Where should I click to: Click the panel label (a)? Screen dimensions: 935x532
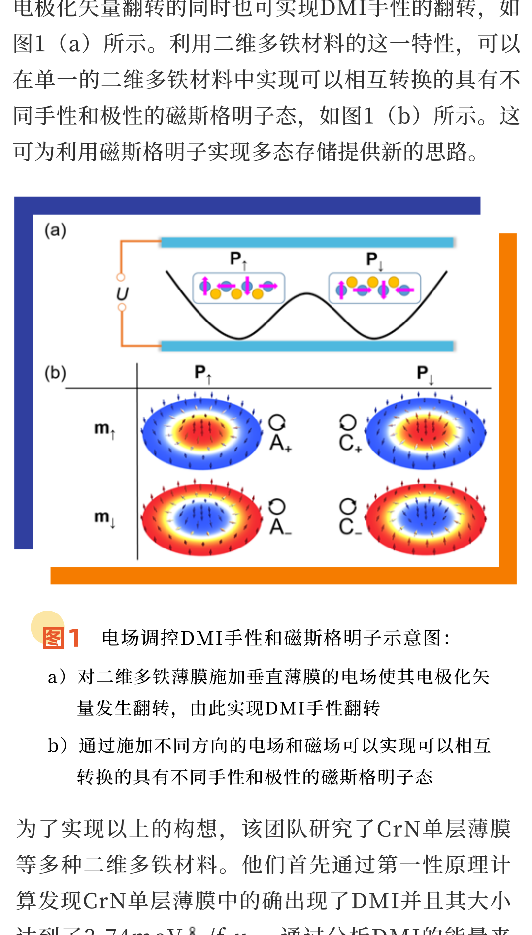click(x=55, y=230)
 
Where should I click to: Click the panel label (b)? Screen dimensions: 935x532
click(x=55, y=373)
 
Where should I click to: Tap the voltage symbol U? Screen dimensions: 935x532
click(x=122, y=294)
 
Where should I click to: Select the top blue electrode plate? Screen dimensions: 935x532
click(x=307, y=242)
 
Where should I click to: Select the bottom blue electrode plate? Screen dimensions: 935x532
click(x=307, y=346)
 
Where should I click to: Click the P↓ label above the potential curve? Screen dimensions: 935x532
click(x=374, y=260)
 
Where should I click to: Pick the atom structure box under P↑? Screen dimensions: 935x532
click(x=238, y=288)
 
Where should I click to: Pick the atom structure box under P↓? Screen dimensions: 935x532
click(x=374, y=288)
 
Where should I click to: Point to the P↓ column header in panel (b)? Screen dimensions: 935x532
click(x=425, y=373)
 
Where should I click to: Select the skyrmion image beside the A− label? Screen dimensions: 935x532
click(x=202, y=518)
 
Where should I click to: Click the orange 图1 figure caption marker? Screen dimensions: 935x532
click(x=61, y=638)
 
